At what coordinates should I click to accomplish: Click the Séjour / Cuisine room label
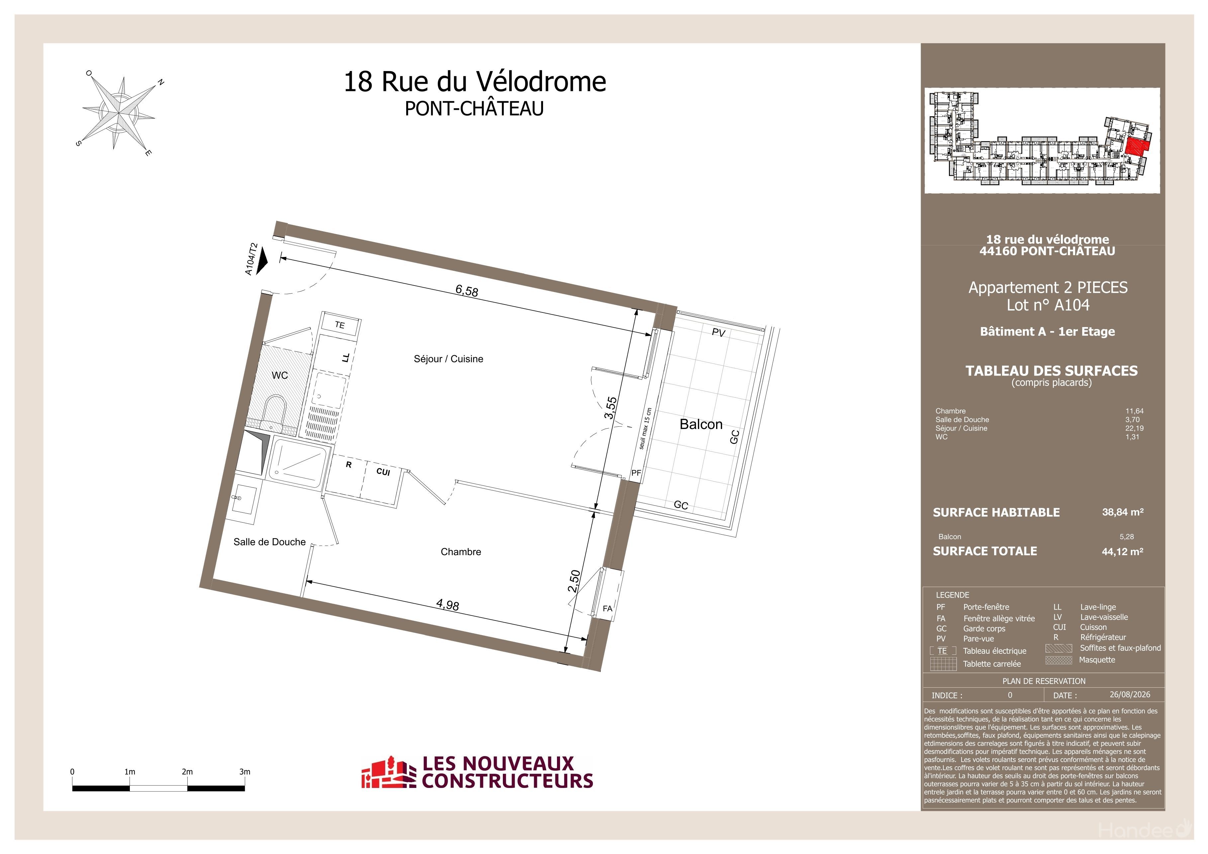[448, 359]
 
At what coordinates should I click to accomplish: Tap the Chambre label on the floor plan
[461, 552]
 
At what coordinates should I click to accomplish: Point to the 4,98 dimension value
[448, 605]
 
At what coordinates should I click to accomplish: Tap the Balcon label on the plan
[701, 424]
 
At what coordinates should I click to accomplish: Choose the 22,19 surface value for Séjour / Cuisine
[1134, 428]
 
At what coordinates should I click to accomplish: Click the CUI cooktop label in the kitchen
[383, 472]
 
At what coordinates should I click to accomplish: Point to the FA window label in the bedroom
[608, 608]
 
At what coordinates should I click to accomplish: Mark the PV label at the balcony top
[719, 332]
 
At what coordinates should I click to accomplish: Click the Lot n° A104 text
[1048, 305]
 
